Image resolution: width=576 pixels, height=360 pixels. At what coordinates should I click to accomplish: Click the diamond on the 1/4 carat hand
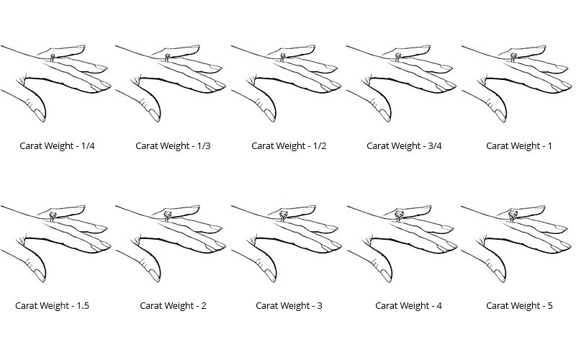pos(52,57)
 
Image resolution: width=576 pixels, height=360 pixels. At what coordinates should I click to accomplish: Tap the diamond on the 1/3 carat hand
pos(167,56)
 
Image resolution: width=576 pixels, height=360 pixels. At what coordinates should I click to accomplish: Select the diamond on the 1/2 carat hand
pos(282,56)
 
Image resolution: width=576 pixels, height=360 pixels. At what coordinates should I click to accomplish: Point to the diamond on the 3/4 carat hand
pos(397,56)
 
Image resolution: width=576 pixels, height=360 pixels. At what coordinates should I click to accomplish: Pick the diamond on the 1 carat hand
pos(513,56)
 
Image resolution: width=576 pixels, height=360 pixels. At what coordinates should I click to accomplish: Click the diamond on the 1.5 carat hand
pos(53,215)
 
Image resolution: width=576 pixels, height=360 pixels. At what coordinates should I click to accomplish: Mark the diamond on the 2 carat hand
pos(167,215)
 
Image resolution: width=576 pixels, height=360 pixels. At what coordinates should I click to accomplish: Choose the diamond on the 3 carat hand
pos(283,215)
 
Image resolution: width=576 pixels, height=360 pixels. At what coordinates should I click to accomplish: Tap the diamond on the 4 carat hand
pos(398,215)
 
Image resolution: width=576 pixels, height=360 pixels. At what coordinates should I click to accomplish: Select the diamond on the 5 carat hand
pos(513,214)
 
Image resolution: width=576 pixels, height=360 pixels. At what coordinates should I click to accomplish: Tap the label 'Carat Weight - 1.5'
pos(52,305)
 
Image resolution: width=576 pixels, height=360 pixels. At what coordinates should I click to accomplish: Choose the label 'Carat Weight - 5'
pos(519,305)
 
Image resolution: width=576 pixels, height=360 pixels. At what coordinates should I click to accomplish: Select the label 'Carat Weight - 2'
pos(173,305)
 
